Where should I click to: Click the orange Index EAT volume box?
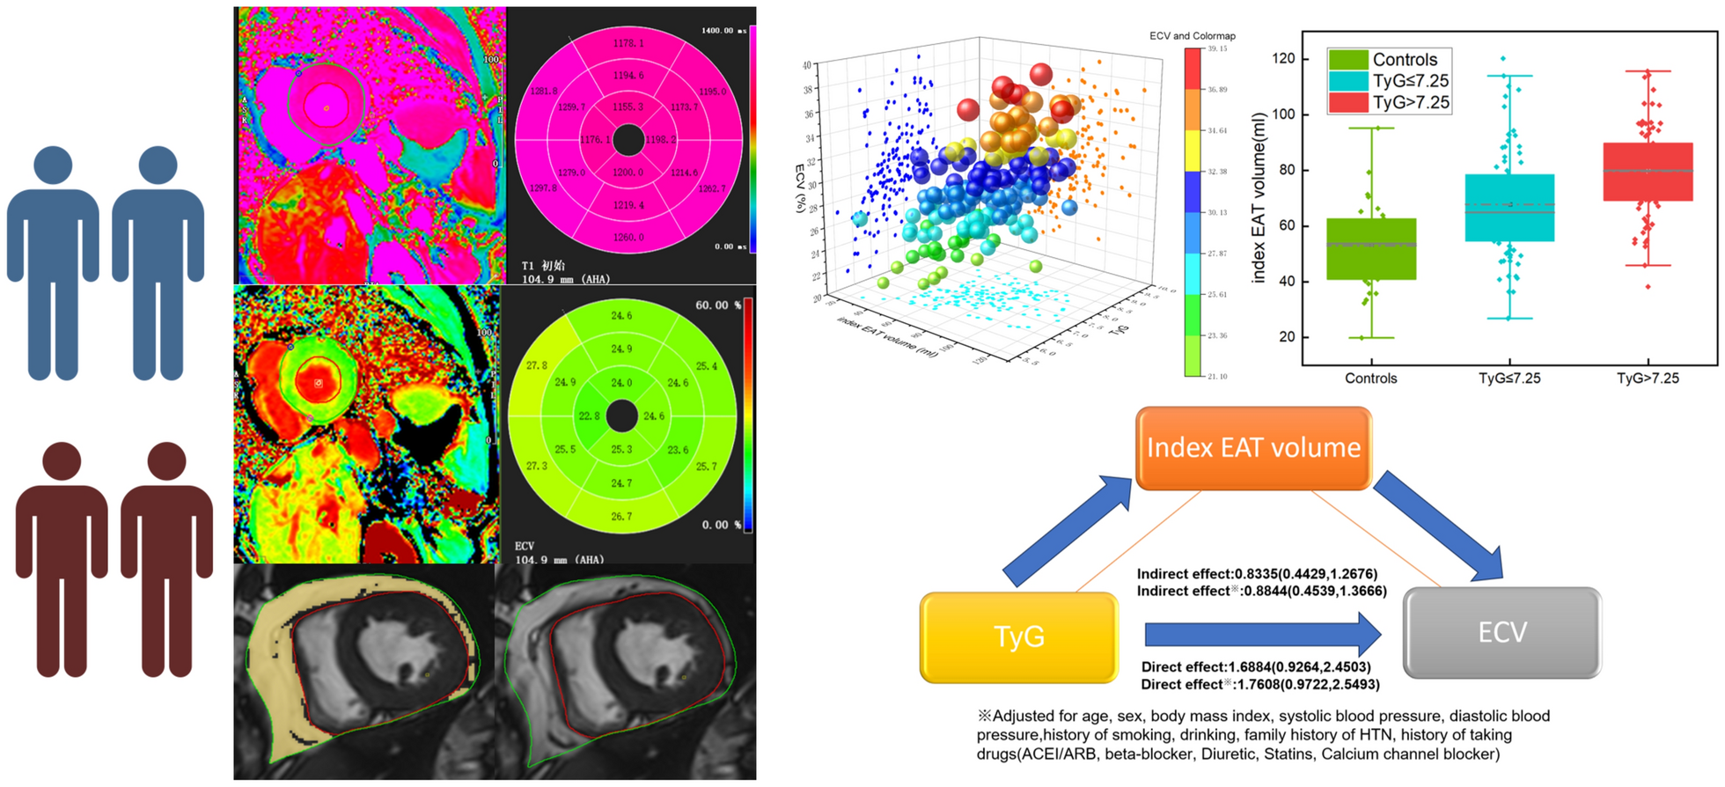(1253, 447)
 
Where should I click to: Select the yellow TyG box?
(1018, 636)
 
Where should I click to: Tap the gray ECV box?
(1501, 632)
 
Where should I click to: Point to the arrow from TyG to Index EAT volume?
(1068, 532)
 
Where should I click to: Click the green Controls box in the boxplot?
(1371, 248)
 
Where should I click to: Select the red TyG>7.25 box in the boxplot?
(1648, 172)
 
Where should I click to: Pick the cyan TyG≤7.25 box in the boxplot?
(1509, 208)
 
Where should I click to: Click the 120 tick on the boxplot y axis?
(1283, 58)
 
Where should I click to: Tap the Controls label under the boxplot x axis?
(1370, 379)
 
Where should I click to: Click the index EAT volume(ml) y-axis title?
(1259, 197)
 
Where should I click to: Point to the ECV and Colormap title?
(1192, 36)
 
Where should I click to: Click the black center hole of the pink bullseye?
(628, 139)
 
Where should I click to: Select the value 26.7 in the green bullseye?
(621, 516)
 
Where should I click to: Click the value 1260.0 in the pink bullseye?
(628, 237)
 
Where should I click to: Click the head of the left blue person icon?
(53, 165)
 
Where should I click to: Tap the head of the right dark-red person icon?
(166, 460)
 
